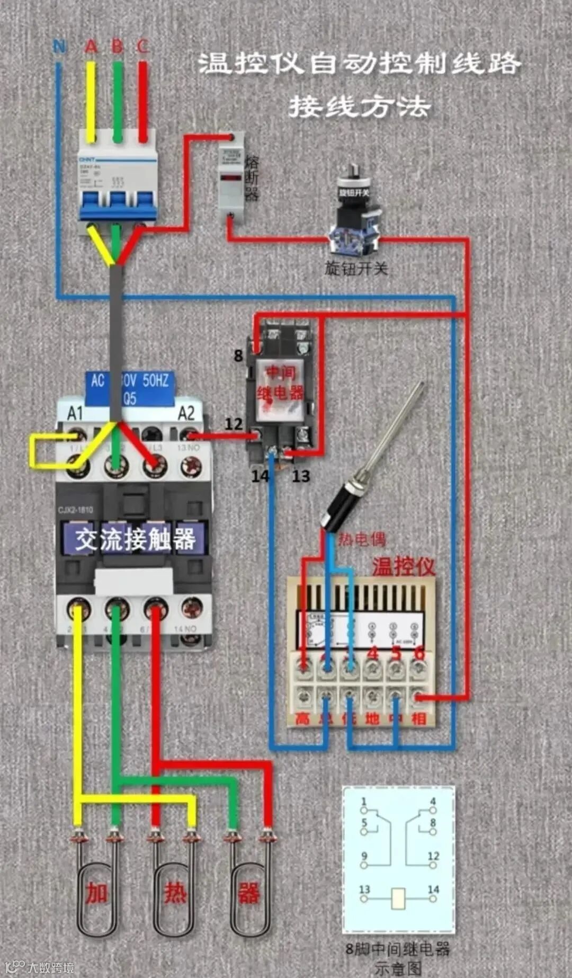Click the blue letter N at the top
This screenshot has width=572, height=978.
tap(59, 47)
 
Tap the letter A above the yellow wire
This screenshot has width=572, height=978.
tap(91, 47)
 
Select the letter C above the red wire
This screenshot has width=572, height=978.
tap(142, 47)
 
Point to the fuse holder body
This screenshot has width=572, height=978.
tap(231, 177)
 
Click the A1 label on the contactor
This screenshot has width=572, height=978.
tap(75, 413)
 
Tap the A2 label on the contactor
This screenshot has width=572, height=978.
tap(186, 413)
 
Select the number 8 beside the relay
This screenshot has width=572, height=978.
tap(238, 356)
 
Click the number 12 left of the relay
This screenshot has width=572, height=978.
tap(233, 424)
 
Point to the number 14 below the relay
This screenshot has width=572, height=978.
tap(260, 476)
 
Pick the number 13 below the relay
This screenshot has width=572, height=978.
tap(301, 476)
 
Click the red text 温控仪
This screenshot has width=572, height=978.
tap(403, 566)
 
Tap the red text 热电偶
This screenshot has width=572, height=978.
tap(362, 539)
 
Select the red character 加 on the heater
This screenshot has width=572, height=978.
tap(97, 893)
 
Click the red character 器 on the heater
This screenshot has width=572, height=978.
tap(248, 893)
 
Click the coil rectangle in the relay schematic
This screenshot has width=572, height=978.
tap(398, 898)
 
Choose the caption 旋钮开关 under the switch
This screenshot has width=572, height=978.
tap(356, 269)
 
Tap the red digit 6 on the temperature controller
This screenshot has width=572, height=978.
tap(419, 653)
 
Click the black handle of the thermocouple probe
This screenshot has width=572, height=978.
tap(339, 509)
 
